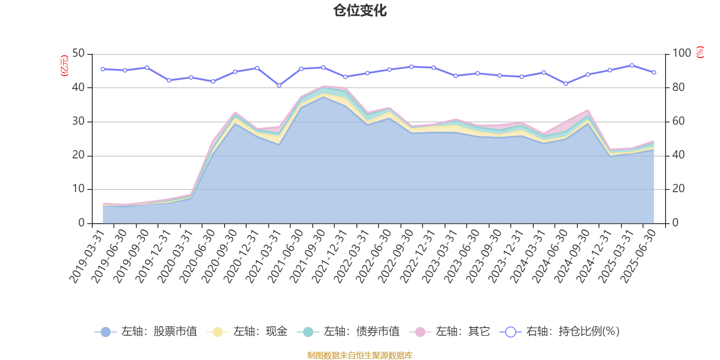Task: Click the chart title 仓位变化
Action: click(x=360, y=10)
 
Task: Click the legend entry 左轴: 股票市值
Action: click(x=146, y=332)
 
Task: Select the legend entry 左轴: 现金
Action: click(x=247, y=332)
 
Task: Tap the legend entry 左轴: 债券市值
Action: click(x=348, y=332)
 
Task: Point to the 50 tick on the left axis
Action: click(x=78, y=54)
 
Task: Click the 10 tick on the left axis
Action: click(x=78, y=189)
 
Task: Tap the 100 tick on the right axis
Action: click(x=681, y=54)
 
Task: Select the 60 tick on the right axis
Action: click(x=678, y=121)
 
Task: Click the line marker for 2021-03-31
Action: click(x=279, y=85)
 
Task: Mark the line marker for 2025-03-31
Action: click(x=632, y=65)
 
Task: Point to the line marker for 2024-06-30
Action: click(x=566, y=83)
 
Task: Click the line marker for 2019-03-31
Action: click(x=103, y=69)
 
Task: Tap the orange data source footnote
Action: click(x=360, y=355)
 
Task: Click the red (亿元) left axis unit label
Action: click(x=64, y=66)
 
